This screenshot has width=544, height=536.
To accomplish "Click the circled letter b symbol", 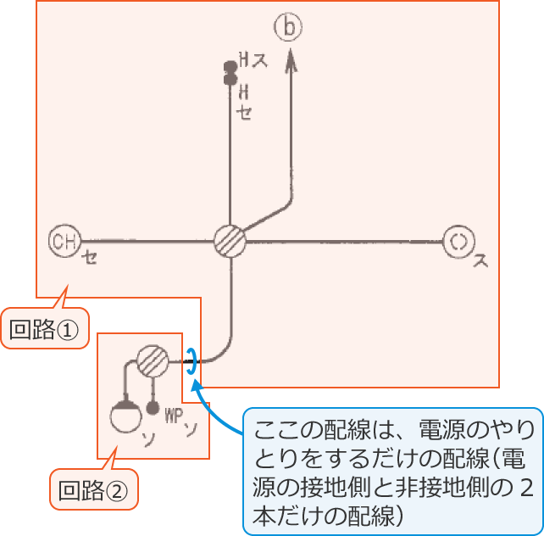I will pyautogui.click(x=288, y=29).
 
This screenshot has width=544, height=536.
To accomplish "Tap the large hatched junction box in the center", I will pyautogui.click(x=229, y=241).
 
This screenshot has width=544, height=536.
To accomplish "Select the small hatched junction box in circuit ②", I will pyautogui.click(x=153, y=361).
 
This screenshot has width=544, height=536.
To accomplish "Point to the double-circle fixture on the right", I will pyautogui.click(x=458, y=242).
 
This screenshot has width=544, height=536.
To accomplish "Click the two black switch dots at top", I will pyautogui.click(x=229, y=72).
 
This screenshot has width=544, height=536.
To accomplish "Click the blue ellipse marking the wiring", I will pyautogui.click(x=192, y=362).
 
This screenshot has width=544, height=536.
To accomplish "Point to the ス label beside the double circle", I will pyautogui.click(x=480, y=260).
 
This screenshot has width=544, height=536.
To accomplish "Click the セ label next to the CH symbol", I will pyautogui.click(x=89, y=259).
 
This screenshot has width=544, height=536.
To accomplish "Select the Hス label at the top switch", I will pyautogui.click(x=248, y=60).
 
